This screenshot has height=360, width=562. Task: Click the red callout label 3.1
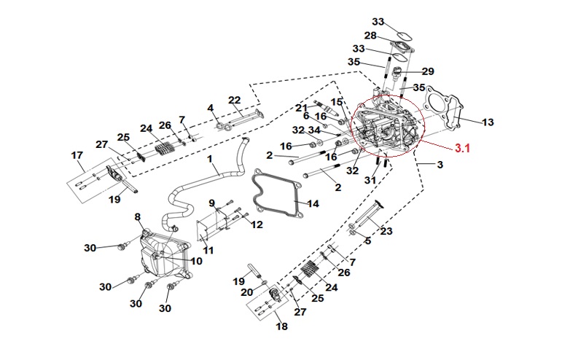462,148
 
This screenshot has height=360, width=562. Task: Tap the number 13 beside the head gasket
488,122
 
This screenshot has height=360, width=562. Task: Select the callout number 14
313,204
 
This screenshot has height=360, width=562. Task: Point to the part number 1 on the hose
210,158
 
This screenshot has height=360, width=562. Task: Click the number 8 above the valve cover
138,217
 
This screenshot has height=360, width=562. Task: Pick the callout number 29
428,71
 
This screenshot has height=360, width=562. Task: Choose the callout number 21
302,108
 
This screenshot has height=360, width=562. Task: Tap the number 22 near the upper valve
235,100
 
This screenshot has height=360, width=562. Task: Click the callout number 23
386,231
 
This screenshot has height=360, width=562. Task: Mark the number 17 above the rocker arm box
77,155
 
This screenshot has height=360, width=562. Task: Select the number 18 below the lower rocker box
281,326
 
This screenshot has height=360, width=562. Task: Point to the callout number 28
370,36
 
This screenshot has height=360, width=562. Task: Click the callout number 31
370,180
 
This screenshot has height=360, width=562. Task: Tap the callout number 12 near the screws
257,224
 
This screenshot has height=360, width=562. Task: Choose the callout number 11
208,250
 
